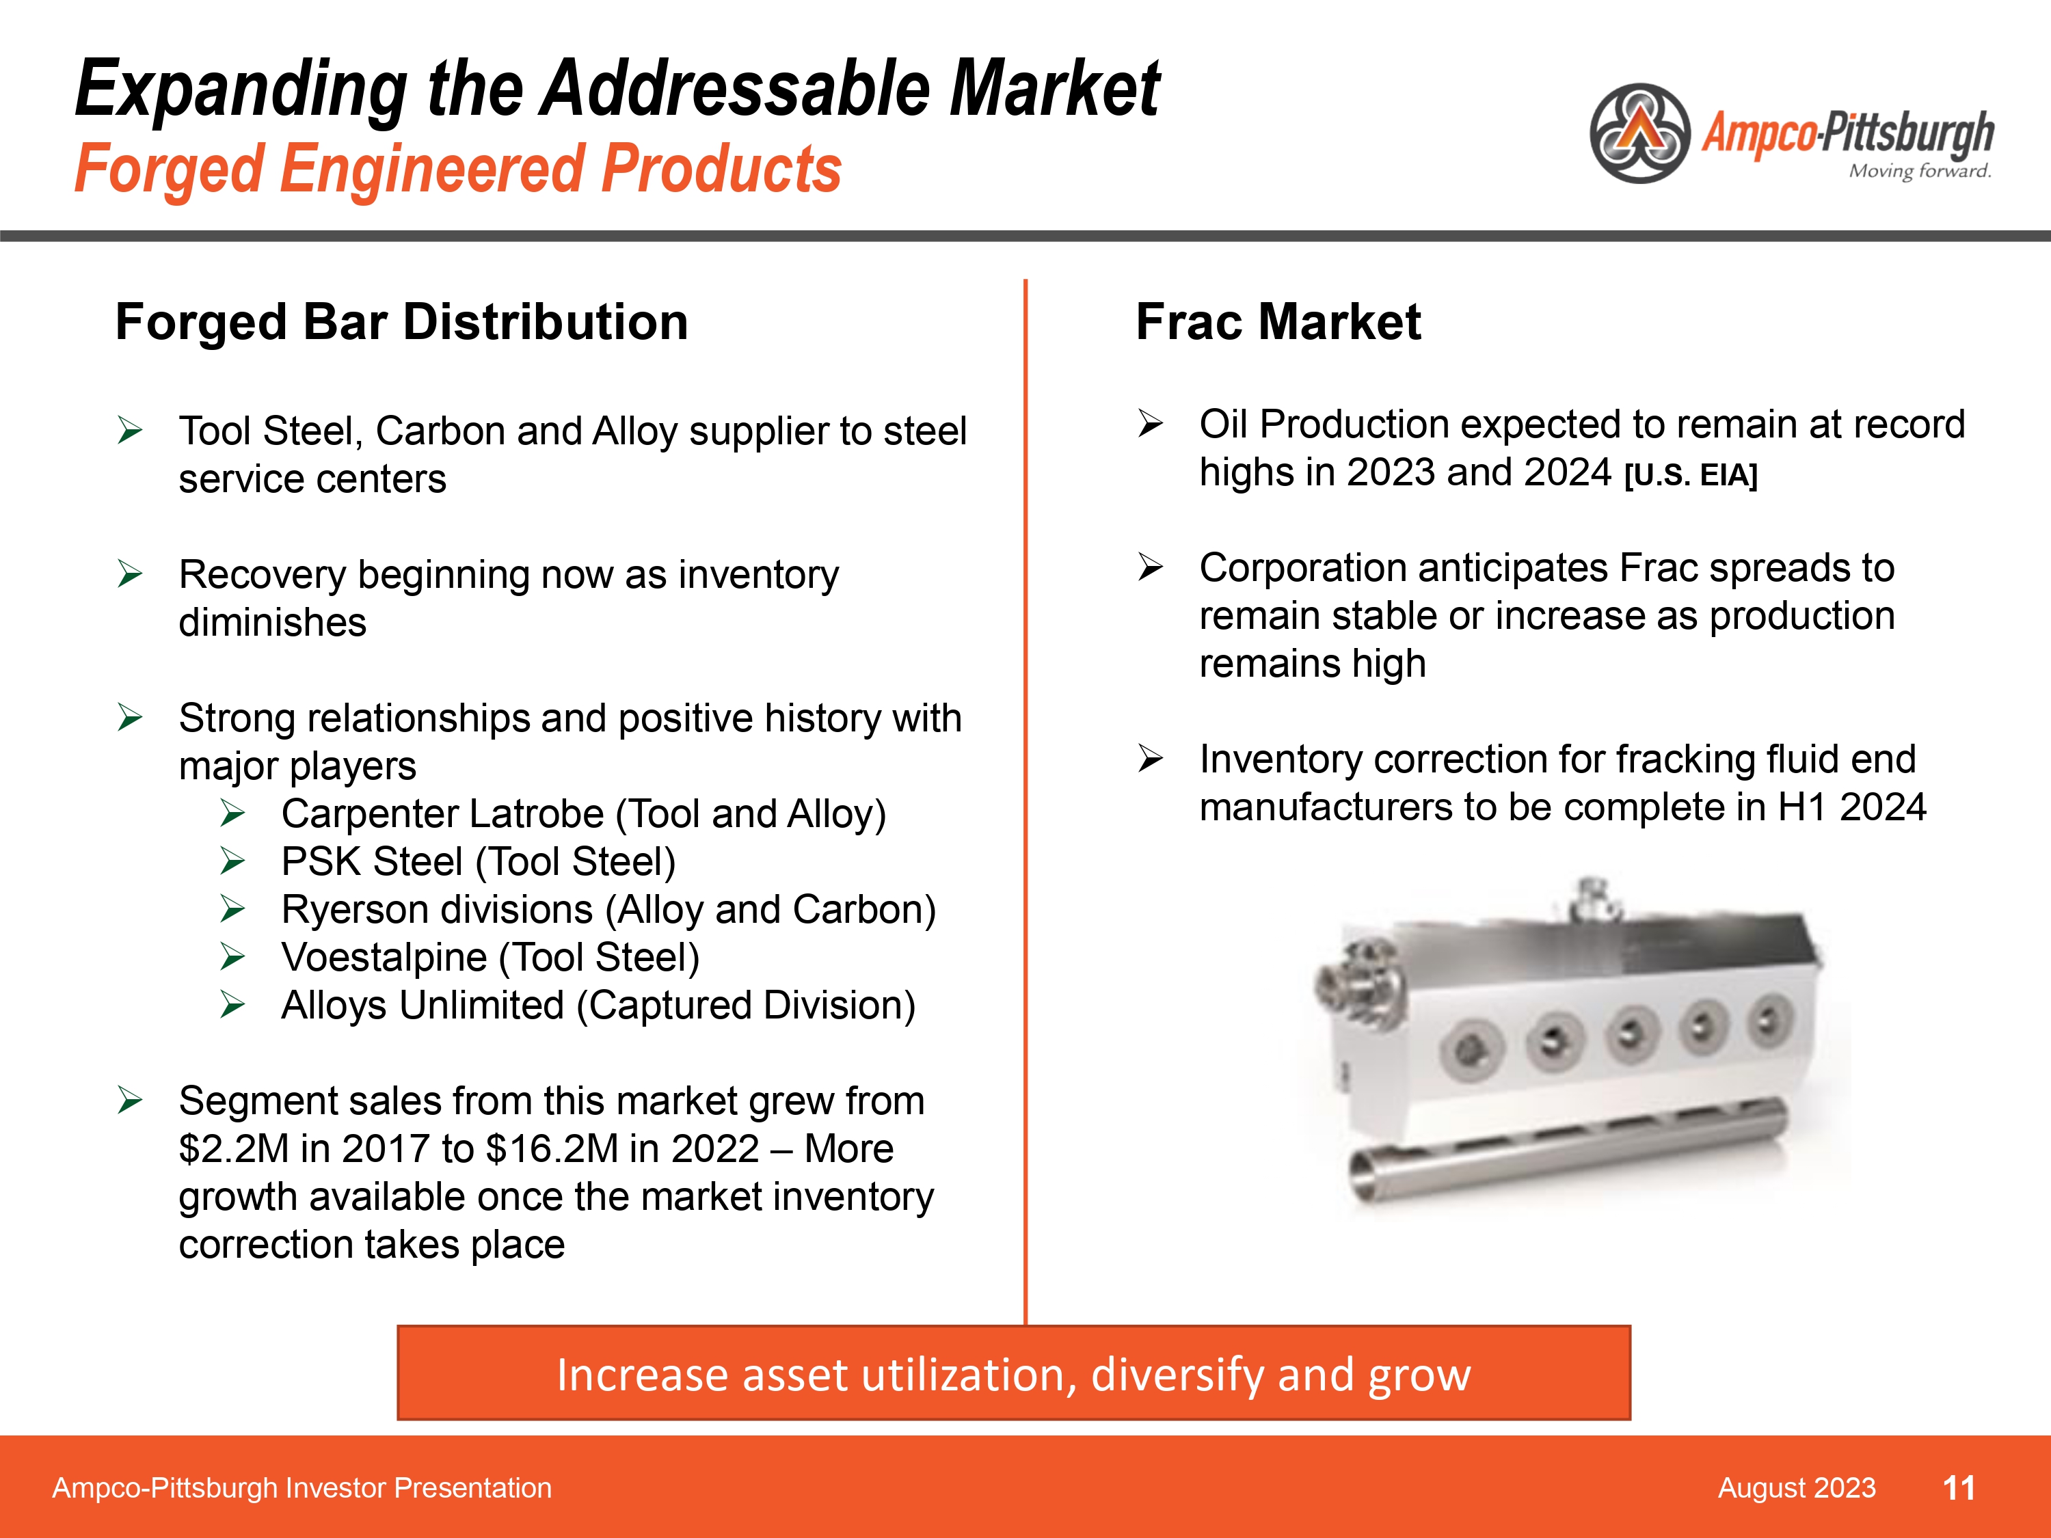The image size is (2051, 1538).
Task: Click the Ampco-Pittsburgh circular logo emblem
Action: coord(1639,133)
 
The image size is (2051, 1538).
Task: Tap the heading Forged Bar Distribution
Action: coord(401,322)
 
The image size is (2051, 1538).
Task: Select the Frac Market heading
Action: coord(1278,322)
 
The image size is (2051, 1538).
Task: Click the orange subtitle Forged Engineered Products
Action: coord(458,169)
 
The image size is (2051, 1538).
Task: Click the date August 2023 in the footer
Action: coord(1796,1488)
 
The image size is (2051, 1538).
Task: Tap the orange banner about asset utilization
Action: coord(1013,1373)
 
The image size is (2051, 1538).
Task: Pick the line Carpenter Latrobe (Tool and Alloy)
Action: coord(584,814)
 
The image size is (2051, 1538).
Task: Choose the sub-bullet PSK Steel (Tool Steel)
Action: coord(479,862)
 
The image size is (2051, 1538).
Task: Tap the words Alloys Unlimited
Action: coord(423,1006)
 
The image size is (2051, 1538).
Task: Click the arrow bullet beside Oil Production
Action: coord(1151,424)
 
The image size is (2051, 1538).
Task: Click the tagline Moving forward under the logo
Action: coord(1919,171)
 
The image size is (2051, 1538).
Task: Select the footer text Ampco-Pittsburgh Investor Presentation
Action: coord(301,1488)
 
